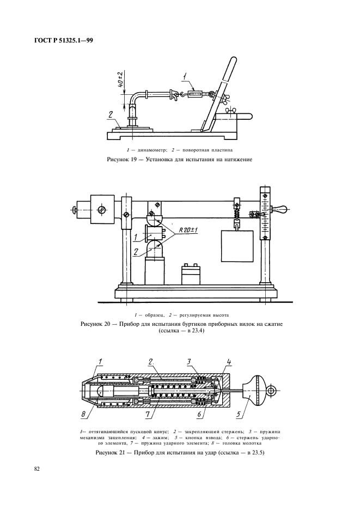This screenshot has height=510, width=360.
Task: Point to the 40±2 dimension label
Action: [x=120, y=80]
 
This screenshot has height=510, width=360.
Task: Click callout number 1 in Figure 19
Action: [x=185, y=77]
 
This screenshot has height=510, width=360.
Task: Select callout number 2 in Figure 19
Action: [x=111, y=114]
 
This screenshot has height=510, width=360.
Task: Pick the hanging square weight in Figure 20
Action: [x=237, y=246]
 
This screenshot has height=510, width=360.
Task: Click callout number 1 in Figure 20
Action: [x=136, y=238]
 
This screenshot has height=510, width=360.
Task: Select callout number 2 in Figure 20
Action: [x=136, y=251]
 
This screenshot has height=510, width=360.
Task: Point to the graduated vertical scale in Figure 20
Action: [x=265, y=214]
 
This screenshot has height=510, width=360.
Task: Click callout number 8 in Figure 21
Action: [x=83, y=414]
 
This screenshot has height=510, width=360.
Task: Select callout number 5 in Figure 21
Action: [x=239, y=414]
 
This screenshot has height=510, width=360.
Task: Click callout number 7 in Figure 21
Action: [x=147, y=414]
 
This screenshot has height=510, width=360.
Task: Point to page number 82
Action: [x=36, y=469]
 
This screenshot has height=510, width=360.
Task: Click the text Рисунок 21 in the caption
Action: [x=109, y=452]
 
